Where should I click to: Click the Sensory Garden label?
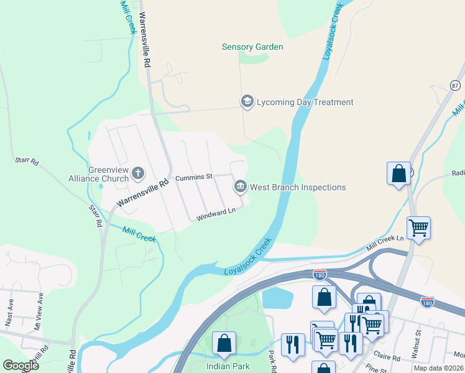252,47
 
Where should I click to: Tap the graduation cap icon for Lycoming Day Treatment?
247,102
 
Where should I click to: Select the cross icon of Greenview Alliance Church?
138,173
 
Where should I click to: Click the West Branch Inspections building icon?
240,186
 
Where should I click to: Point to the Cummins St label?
194,177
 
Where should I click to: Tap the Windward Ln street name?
216,215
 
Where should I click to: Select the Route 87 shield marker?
456,85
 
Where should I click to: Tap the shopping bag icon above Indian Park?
224,343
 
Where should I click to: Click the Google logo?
21,366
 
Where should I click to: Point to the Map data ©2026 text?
438,368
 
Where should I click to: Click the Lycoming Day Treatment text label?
305,102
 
